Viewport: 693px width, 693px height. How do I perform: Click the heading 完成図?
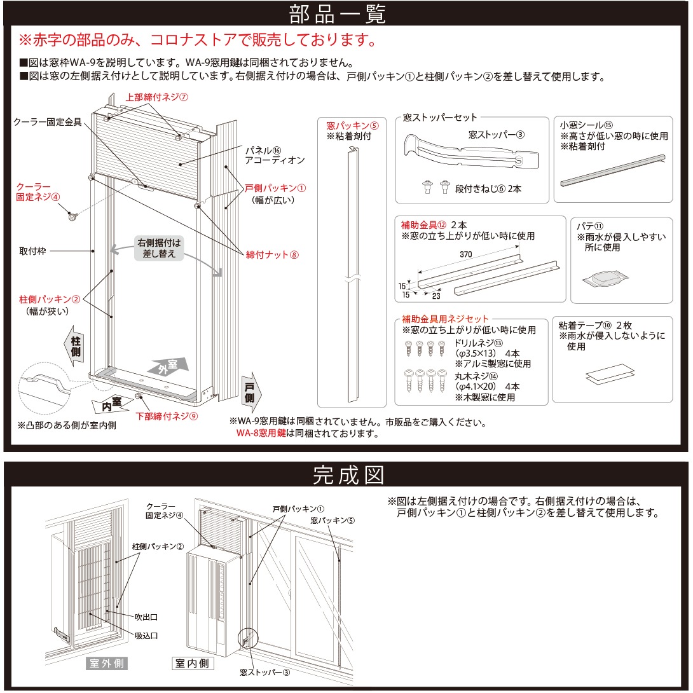tap(346, 474)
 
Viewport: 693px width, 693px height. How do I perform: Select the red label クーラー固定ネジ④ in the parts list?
tap(38, 191)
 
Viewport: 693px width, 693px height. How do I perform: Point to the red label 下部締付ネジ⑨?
tap(167, 416)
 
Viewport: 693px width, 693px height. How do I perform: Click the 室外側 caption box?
tap(107, 664)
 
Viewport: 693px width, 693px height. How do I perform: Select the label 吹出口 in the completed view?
tap(146, 617)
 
